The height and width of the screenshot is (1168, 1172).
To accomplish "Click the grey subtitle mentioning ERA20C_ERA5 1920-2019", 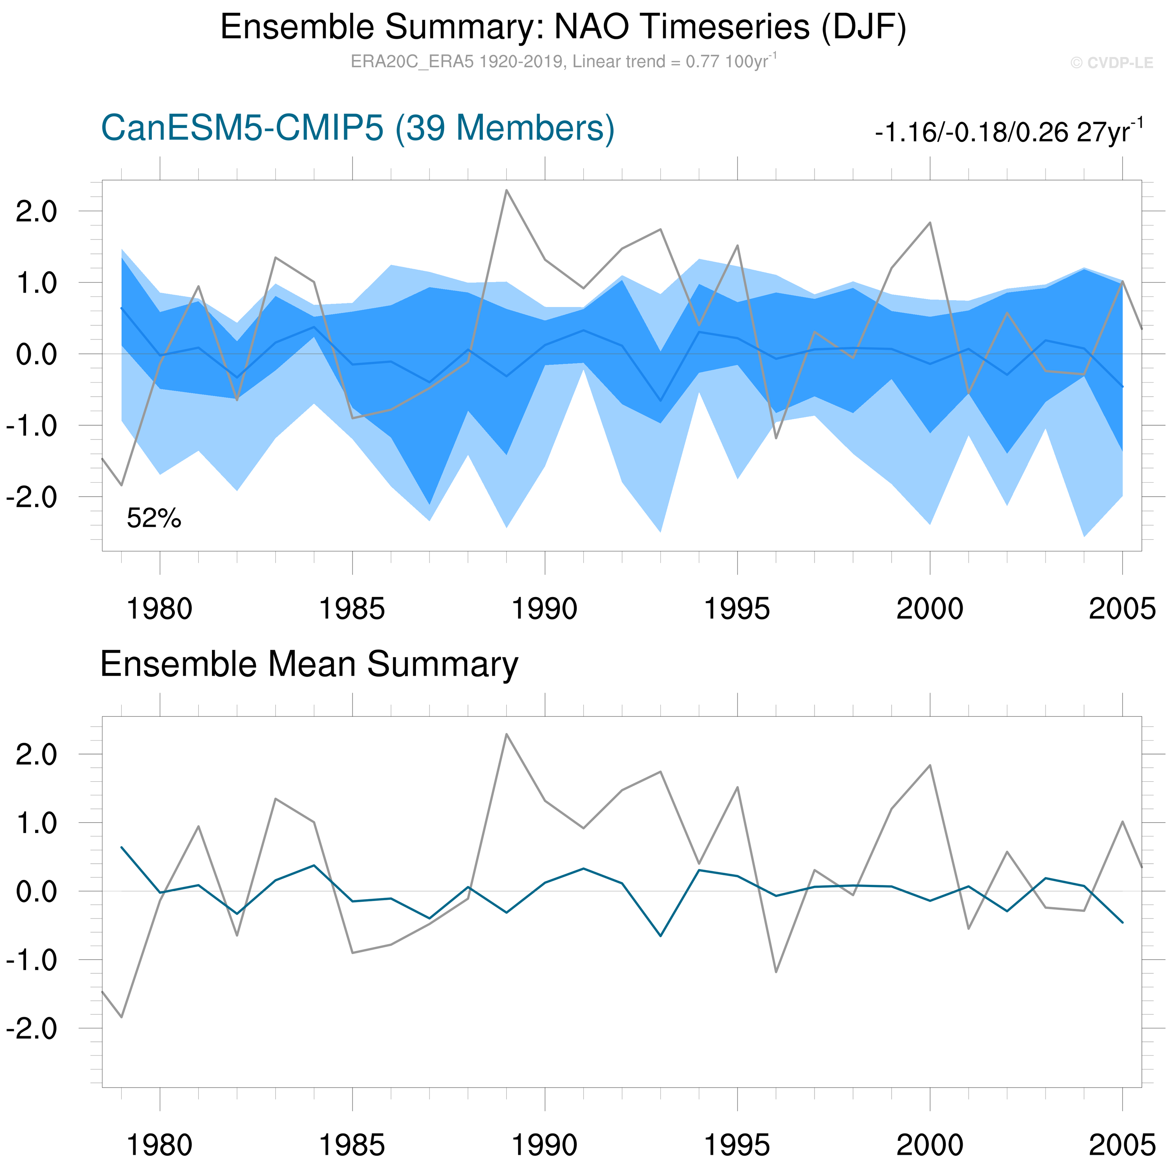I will (563, 62).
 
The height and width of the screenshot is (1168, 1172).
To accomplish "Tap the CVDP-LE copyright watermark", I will (1111, 63).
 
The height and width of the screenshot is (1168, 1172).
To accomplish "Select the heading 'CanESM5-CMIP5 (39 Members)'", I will (358, 128).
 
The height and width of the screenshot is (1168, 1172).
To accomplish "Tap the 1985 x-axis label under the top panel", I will (352, 608).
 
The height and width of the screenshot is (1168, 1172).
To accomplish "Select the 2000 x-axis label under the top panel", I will (929, 608).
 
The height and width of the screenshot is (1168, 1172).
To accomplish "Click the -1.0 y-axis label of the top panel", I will (31, 426).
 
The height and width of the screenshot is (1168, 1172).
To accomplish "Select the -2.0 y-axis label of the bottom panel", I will (31, 1029).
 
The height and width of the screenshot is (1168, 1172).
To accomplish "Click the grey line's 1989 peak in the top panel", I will (507, 190).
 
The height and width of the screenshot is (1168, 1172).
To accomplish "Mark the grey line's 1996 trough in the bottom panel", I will (776, 972).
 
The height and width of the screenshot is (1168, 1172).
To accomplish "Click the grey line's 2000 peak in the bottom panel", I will (930, 765).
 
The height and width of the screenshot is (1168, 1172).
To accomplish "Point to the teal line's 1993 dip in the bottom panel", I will (660, 936).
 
